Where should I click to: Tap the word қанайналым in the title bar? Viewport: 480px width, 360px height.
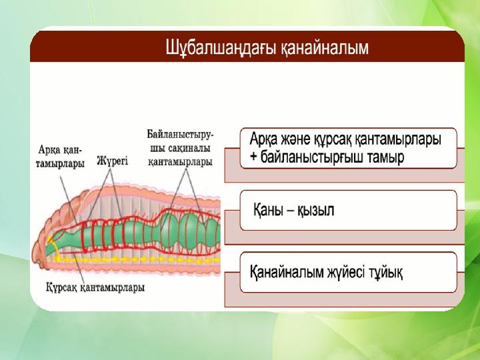point(325,49)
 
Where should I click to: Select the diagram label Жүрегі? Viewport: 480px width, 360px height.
point(112,161)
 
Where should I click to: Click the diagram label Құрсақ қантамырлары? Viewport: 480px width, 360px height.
point(95,287)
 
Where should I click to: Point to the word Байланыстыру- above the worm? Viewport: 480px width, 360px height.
point(180,135)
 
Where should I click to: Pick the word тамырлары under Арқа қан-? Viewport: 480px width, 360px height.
point(60,163)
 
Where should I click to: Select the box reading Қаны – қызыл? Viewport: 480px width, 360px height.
point(349,210)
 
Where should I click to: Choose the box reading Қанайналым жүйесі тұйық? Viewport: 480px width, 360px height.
point(349,272)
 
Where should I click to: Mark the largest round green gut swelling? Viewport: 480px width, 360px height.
point(191,230)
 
